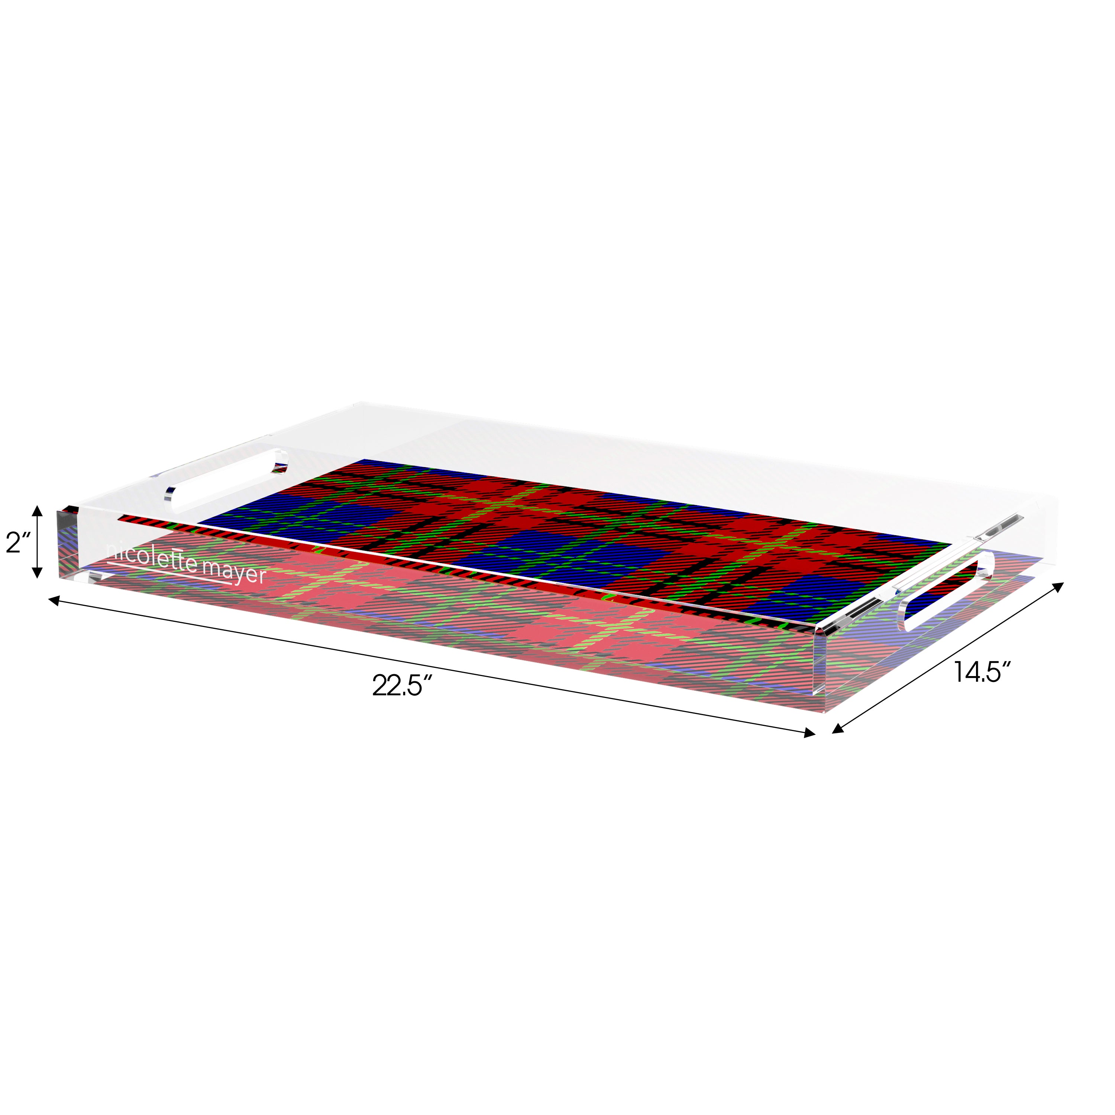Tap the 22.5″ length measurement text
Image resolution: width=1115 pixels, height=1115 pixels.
click(402, 687)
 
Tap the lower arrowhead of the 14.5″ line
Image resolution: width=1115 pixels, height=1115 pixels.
click(838, 730)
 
